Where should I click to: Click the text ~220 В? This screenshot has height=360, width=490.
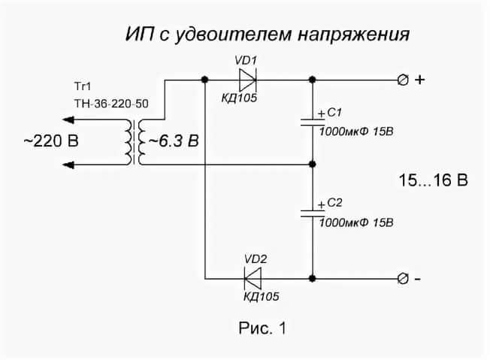(x=50, y=141)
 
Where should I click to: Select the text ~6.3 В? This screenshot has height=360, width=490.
(x=174, y=141)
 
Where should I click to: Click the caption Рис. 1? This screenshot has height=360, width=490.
(x=262, y=328)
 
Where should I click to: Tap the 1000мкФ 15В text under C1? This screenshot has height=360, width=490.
(x=357, y=132)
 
